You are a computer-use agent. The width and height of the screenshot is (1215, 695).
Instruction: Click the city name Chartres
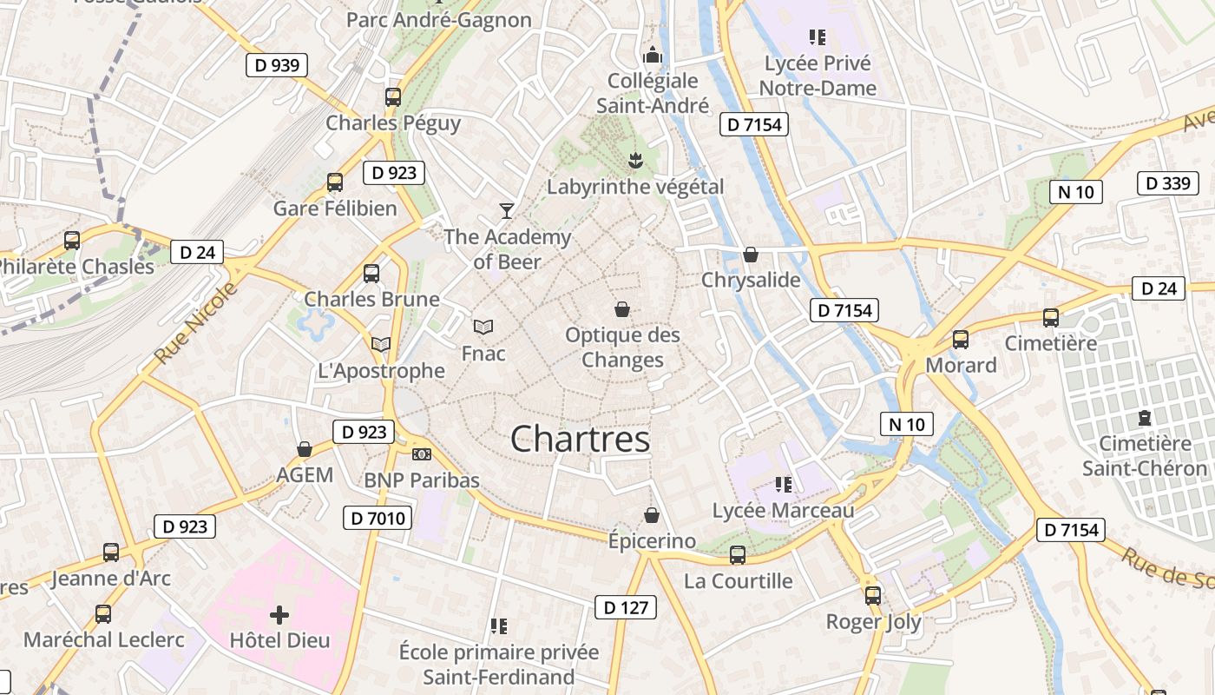point(580,439)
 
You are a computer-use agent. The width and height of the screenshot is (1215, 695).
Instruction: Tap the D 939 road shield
point(277,65)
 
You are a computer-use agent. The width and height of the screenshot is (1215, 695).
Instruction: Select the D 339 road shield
point(1168,183)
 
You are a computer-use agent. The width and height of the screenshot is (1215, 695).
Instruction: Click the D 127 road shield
point(626,607)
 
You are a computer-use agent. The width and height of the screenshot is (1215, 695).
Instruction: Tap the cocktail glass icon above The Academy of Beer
point(507,210)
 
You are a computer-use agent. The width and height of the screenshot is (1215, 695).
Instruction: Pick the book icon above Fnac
point(483,328)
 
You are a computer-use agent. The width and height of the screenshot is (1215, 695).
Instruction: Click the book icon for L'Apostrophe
point(381,344)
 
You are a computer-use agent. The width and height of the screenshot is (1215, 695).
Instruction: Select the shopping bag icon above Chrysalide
point(751,255)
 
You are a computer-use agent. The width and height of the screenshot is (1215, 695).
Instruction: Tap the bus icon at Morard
point(961,340)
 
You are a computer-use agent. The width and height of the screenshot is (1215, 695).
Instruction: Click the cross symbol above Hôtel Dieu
point(279,615)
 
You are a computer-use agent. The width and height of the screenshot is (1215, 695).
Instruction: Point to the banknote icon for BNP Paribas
point(421,454)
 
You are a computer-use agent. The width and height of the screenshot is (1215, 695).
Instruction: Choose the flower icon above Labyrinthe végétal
point(635,160)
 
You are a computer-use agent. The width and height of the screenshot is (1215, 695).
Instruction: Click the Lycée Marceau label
point(783,511)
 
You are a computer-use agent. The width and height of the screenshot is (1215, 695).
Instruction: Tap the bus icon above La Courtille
point(738,554)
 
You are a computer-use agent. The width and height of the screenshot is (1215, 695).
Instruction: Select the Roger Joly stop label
point(873,622)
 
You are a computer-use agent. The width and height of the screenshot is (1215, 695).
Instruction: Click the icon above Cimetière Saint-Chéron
point(1144,418)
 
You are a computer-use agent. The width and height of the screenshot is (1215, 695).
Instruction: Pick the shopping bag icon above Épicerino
point(652,515)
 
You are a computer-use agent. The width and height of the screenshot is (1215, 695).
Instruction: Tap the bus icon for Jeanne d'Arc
point(111,552)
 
